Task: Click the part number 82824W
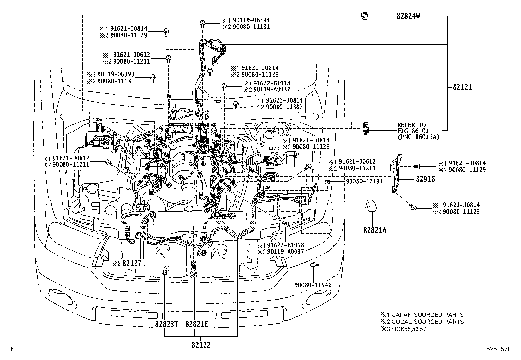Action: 408,16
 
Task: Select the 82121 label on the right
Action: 462,87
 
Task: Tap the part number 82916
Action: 425,179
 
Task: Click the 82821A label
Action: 374,230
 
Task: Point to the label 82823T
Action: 167,324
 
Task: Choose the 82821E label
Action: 197,324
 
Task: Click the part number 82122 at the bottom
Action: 201,345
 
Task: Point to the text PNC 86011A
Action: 419,137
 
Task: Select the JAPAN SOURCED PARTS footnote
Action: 425,314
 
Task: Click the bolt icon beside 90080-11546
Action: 313,264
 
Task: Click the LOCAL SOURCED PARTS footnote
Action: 425,322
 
